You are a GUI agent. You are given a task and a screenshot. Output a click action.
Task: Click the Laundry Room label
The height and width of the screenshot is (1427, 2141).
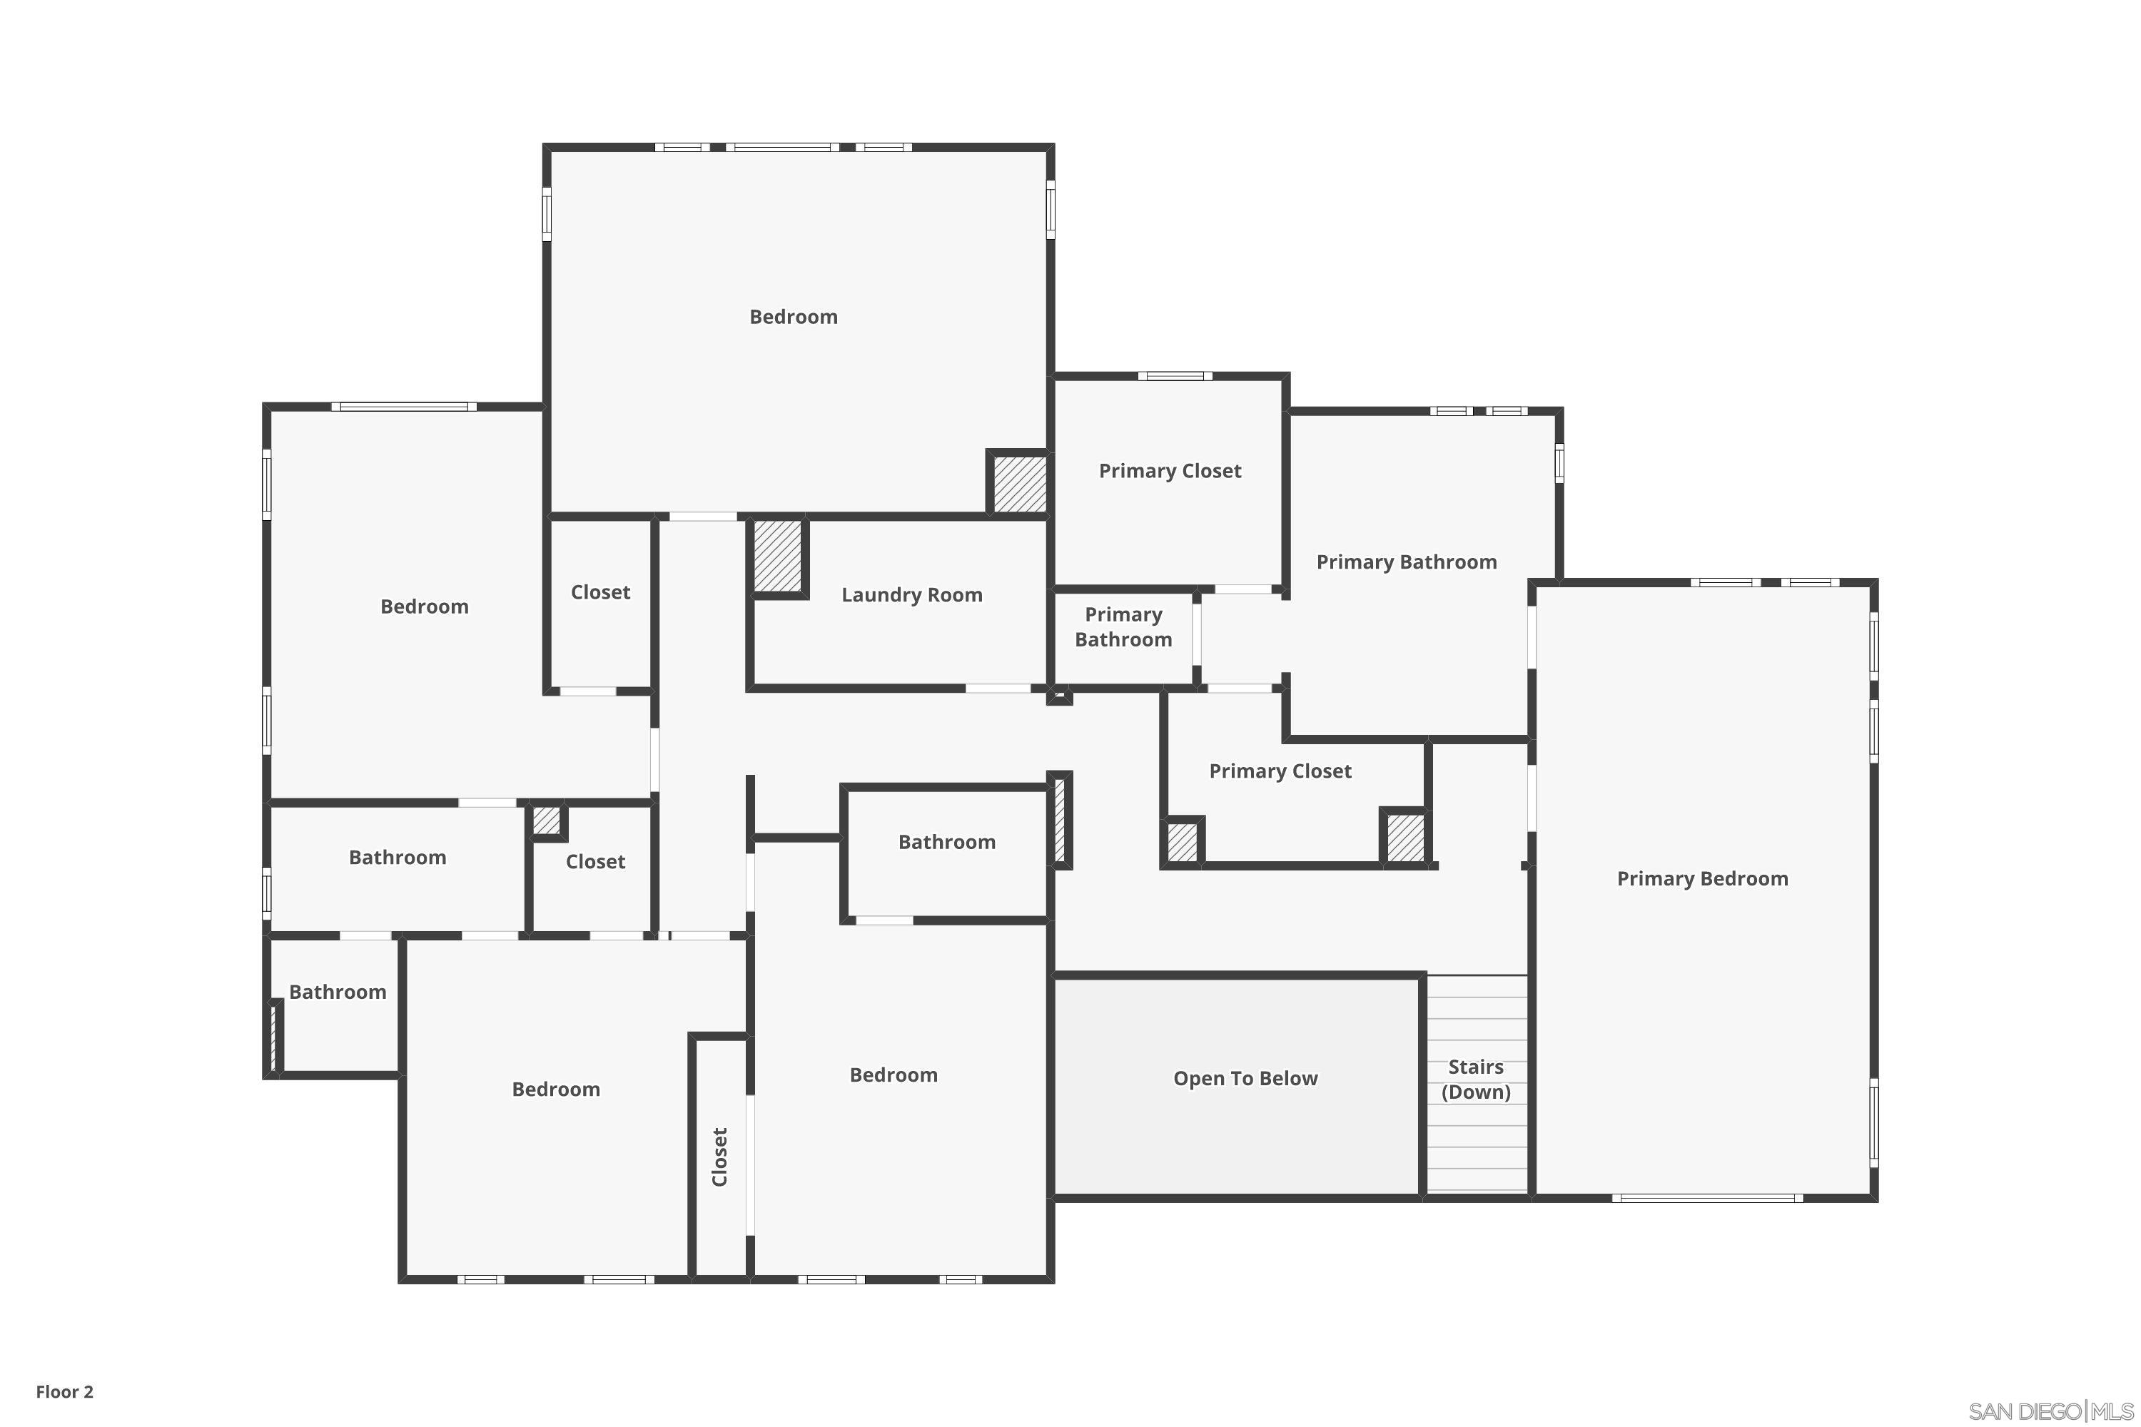tap(911, 595)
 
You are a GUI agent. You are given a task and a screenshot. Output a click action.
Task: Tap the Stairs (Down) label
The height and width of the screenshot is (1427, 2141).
tap(1476, 1080)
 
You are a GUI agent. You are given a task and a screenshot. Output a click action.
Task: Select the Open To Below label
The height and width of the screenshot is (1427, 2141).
tap(1245, 1078)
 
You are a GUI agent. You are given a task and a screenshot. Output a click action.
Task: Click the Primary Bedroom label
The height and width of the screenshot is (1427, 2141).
tap(1701, 878)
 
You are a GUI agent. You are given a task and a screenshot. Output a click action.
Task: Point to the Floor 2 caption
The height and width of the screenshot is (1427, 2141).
tap(65, 1391)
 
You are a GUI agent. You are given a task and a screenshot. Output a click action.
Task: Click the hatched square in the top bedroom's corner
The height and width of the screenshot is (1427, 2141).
tap(1018, 483)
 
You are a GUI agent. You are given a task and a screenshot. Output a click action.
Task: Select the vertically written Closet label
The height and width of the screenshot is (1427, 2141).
tap(720, 1157)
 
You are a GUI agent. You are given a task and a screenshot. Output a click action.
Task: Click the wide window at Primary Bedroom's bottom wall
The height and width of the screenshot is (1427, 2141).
tap(1707, 1199)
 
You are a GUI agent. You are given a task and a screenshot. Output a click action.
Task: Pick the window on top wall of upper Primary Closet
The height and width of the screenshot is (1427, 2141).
tap(1174, 376)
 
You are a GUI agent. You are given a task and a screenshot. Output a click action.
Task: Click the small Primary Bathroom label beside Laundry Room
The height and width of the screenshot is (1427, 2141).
tap(1123, 627)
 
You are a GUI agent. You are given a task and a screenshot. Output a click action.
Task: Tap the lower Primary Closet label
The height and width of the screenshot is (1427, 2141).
tap(1279, 771)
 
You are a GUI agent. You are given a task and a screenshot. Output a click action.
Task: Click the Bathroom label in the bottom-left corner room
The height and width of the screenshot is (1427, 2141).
tap(337, 992)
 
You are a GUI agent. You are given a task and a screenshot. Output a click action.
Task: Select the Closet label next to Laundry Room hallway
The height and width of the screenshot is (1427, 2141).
tap(600, 592)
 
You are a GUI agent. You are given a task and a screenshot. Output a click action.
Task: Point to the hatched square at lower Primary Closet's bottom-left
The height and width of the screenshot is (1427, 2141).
tap(1182, 842)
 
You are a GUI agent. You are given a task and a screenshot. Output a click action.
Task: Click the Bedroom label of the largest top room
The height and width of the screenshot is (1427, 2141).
tap(793, 317)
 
